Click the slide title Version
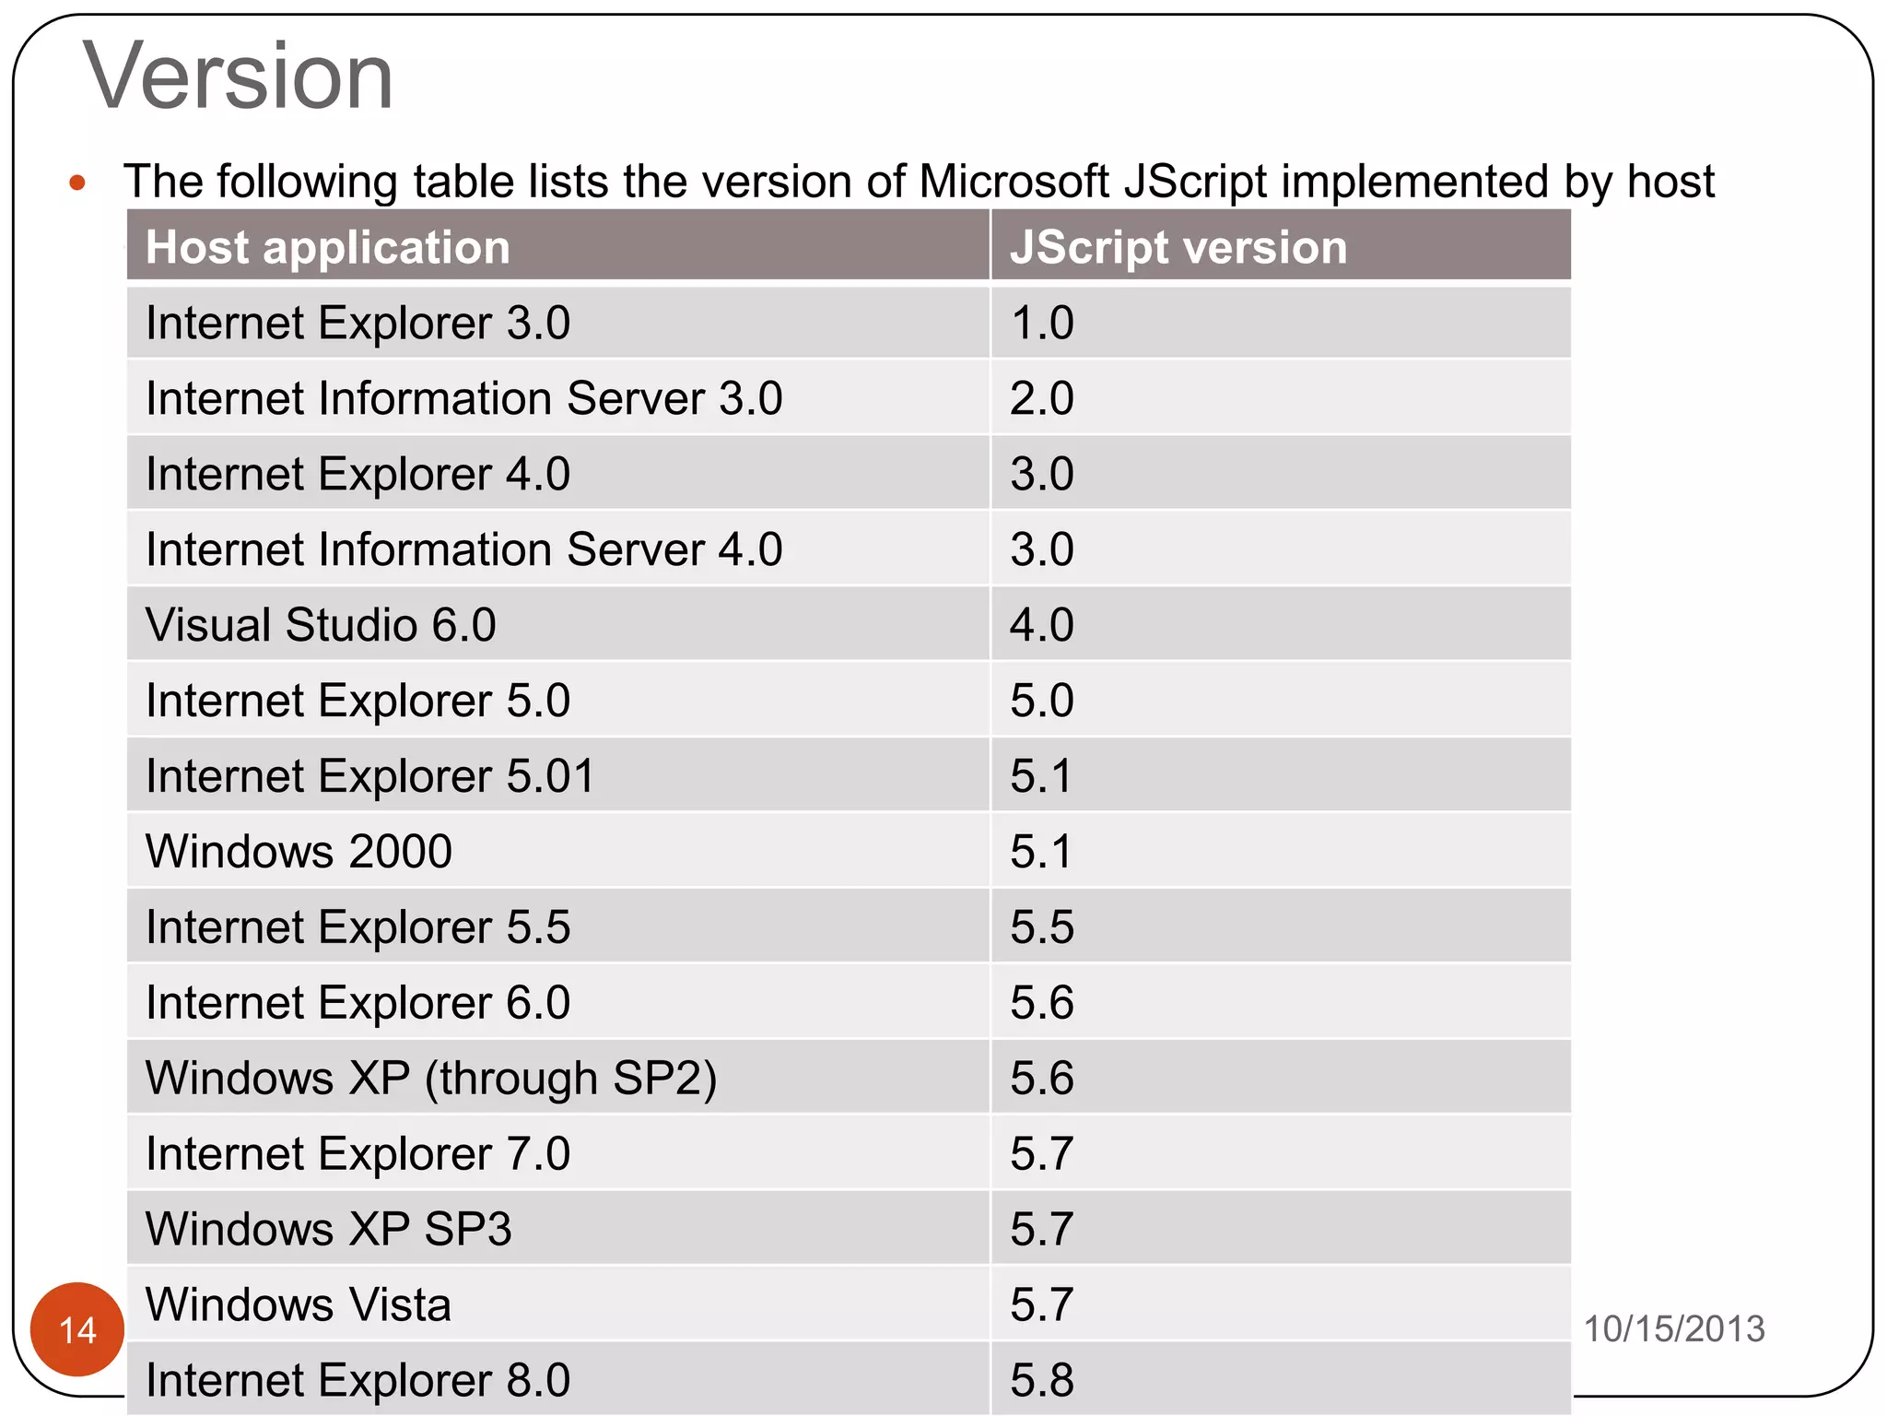point(238,77)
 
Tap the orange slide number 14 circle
point(77,1328)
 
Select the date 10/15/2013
point(1673,1328)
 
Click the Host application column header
point(327,247)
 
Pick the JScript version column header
point(1178,247)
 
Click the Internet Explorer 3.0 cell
point(357,324)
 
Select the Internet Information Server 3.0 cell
point(463,399)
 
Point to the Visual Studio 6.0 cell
point(321,625)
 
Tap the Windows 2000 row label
point(299,851)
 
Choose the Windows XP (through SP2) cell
point(430,1078)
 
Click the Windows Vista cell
point(298,1304)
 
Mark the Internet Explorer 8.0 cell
point(357,1380)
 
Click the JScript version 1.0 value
point(1041,324)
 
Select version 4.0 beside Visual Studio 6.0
point(1041,625)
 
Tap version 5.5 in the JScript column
point(1041,927)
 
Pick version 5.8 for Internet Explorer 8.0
point(1041,1380)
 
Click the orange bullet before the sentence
point(77,183)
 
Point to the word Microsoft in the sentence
point(1014,181)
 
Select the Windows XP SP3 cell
point(328,1229)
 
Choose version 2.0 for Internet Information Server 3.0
point(1041,399)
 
